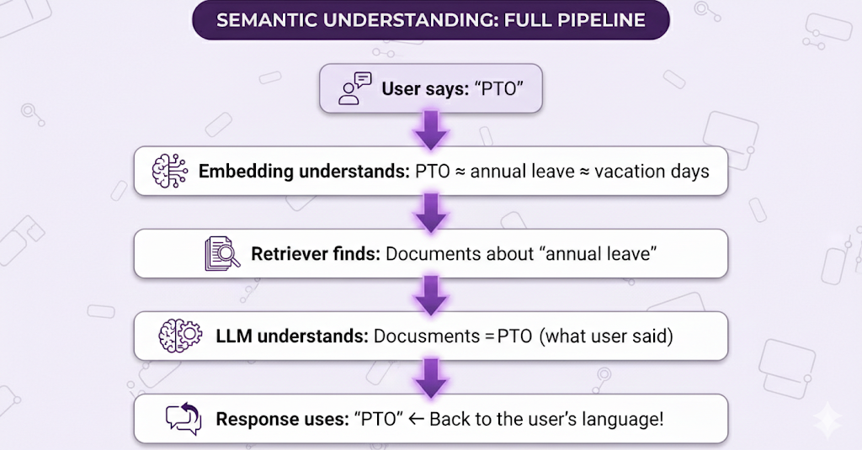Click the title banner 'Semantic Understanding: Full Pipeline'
pos(431,20)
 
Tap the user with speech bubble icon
pos(355,88)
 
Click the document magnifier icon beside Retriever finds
pos(222,253)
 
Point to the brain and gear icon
pos(180,336)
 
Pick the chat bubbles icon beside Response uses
pos(184,419)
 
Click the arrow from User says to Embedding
pos(431,130)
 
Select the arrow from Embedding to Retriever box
pos(431,213)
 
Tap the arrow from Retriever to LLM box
pos(431,295)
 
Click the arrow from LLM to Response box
pos(431,378)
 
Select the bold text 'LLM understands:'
pos(292,336)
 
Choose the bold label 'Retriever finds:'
pos(316,254)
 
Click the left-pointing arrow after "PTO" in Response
pos(416,419)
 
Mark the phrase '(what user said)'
pos(606,336)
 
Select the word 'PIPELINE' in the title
pos(601,20)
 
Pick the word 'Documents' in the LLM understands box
pos(427,336)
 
